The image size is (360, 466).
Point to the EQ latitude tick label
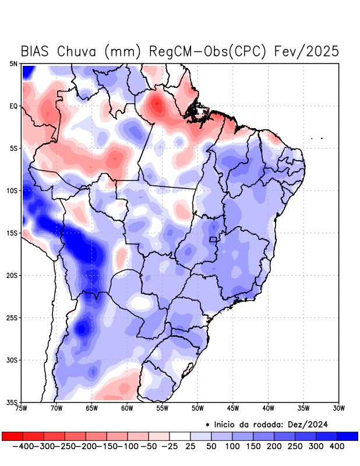pyautogui.click(x=13, y=106)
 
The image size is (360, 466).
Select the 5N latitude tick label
pyautogui.click(x=13, y=63)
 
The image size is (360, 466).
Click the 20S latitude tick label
pyautogui.click(x=12, y=275)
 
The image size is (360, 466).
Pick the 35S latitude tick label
pyautogui.click(x=12, y=402)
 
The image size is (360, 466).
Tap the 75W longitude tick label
pyautogui.click(x=22, y=408)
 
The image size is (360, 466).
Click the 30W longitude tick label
pyautogui.click(x=338, y=408)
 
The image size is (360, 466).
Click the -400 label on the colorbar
pyautogui.click(x=22, y=446)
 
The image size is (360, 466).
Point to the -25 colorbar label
pyautogui.click(x=170, y=446)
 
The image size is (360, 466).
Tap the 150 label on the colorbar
pyautogui.click(x=254, y=446)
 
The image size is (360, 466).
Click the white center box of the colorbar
pyautogui.click(x=180, y=436)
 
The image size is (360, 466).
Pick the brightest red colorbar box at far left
pyautogui.click(x=12, y=436)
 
